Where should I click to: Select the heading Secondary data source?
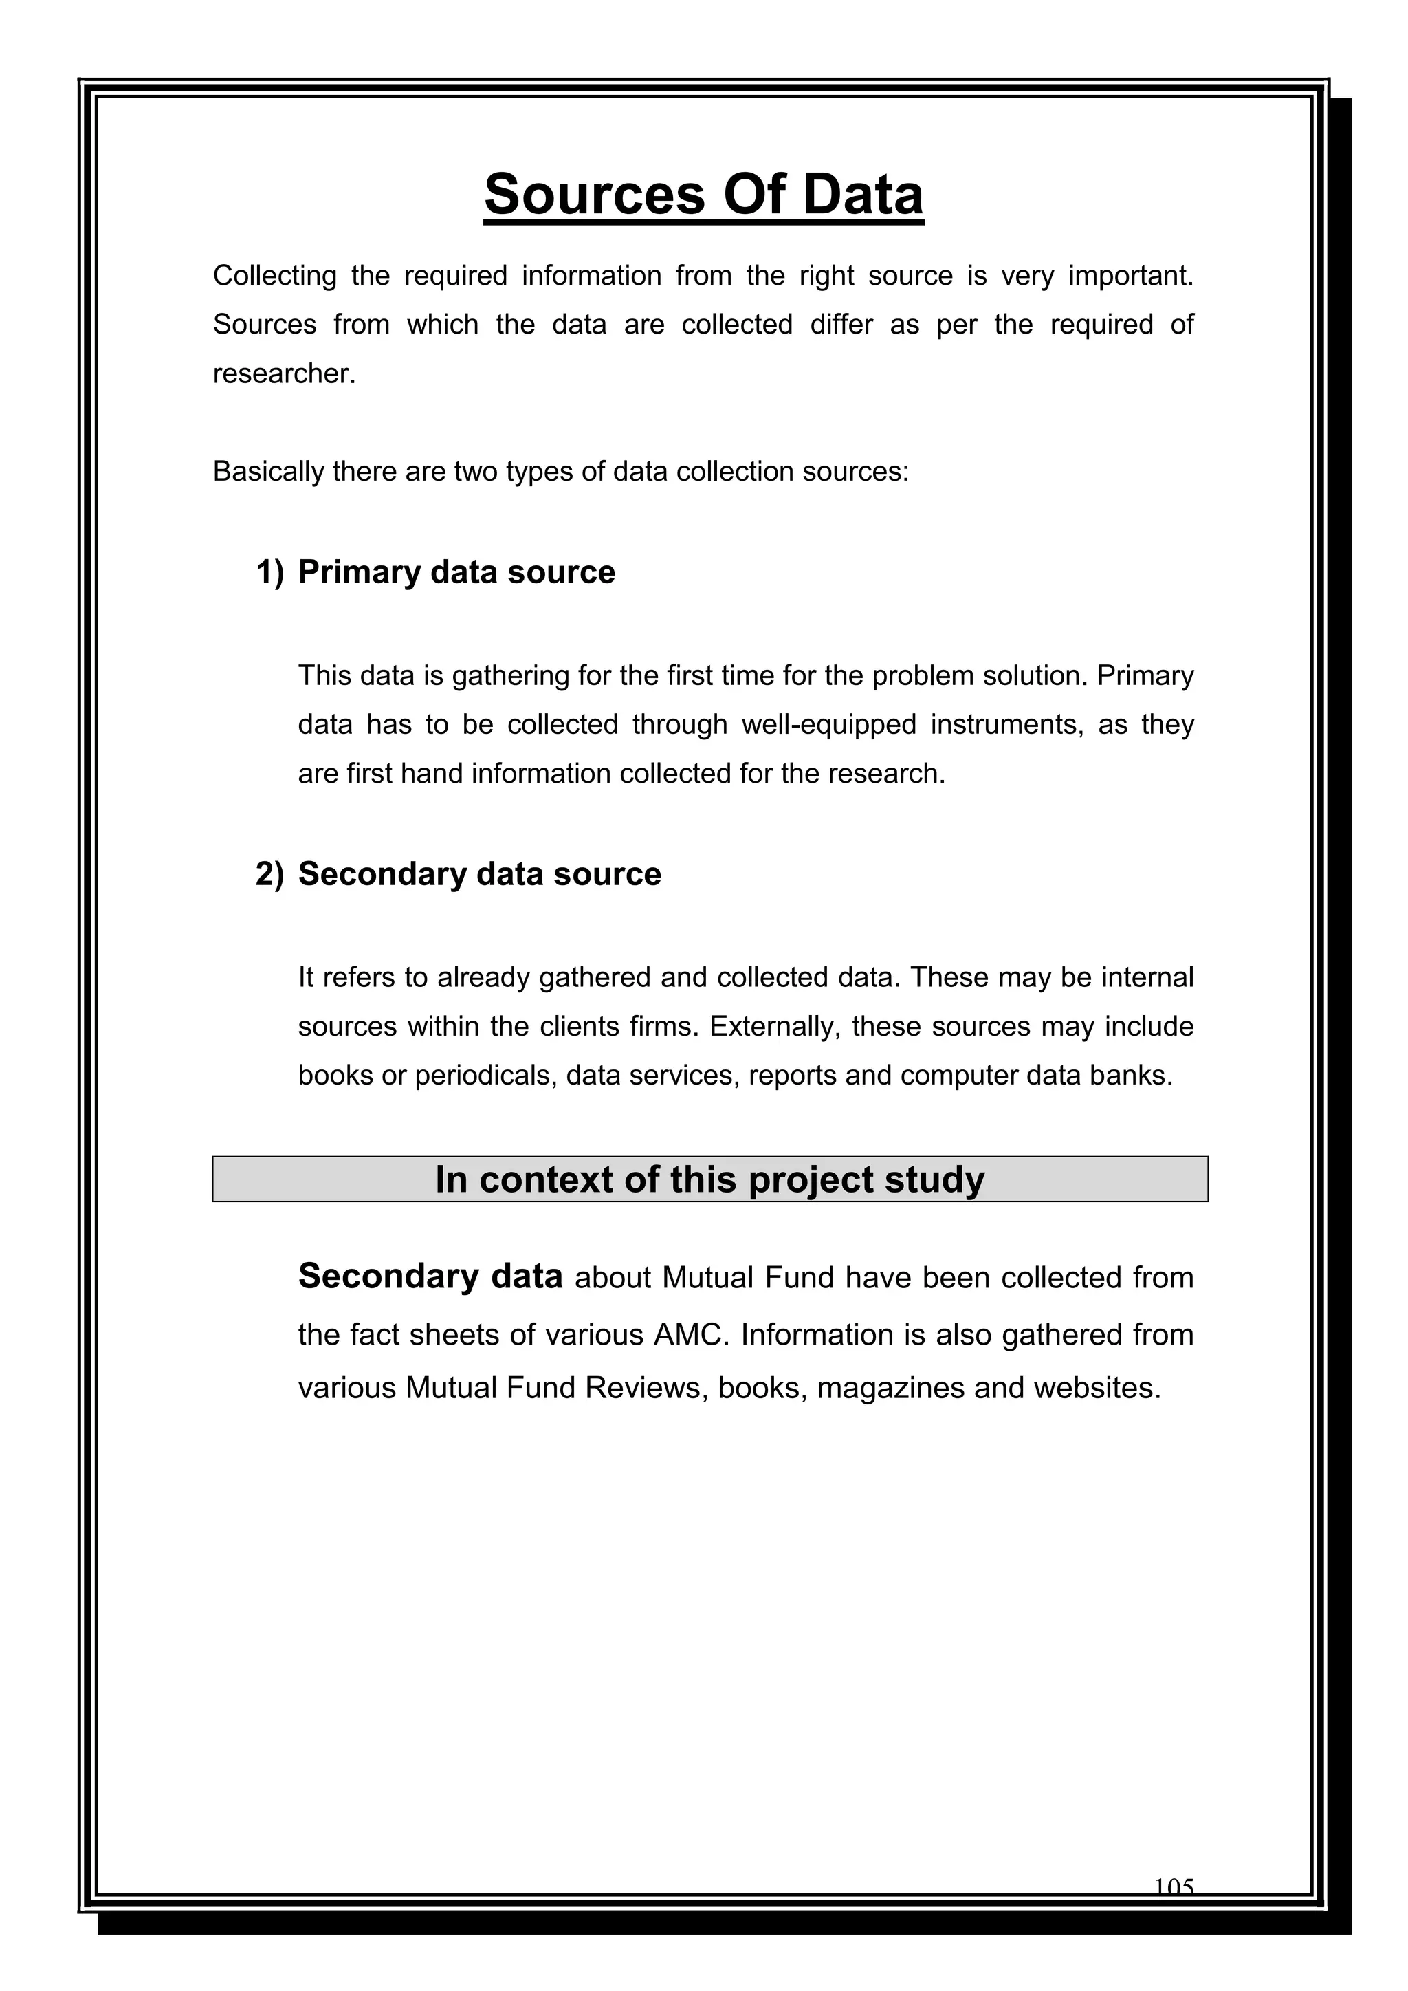point(478,874)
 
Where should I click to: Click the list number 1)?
point(269,572)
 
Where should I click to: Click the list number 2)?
point(269,874)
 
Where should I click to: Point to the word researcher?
point(283,373)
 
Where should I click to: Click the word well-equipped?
point(829,724)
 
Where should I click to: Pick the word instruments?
point(1006,724)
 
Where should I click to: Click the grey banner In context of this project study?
point(709,1179)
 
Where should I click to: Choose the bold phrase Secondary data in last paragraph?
point(430,1276)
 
